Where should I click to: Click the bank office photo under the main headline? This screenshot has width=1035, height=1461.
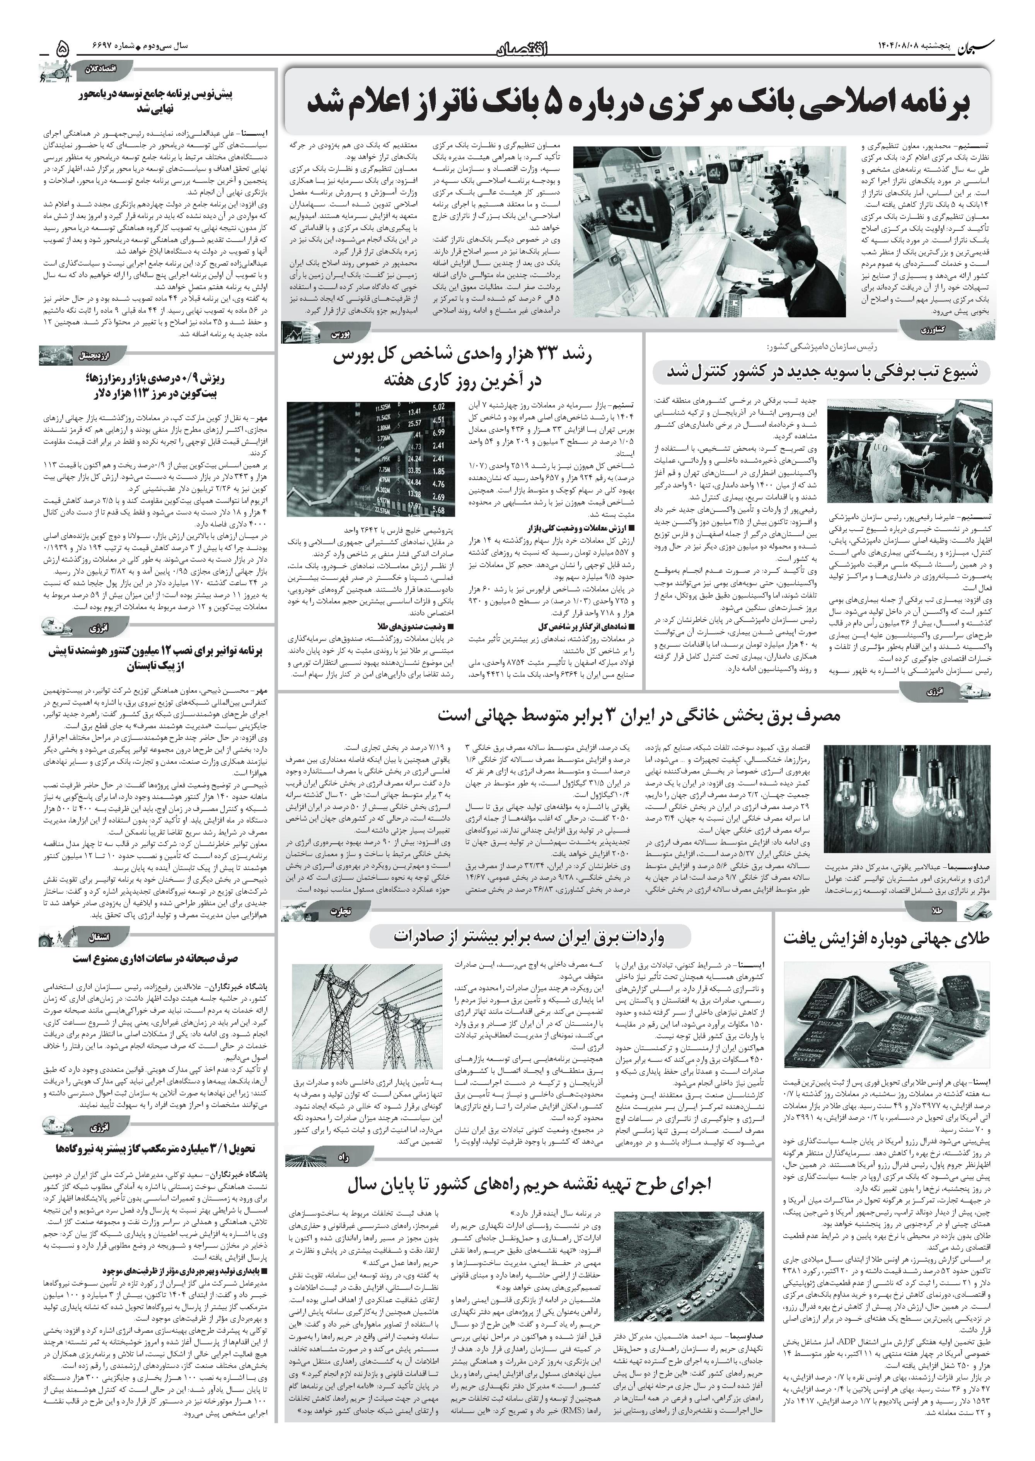point(709,231)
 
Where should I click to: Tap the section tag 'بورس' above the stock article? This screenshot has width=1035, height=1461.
point(340,333)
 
